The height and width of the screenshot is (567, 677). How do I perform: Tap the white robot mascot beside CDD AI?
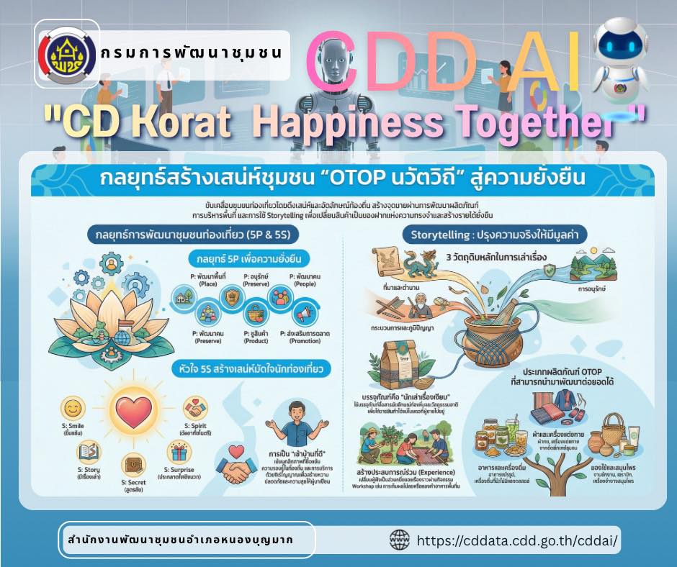(x=625, y=68)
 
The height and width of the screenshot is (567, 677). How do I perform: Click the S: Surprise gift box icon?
(x=180, y=453)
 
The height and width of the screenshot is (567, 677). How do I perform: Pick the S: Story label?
(x=87, y=472)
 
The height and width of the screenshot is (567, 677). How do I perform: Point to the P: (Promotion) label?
(x=305, y=337)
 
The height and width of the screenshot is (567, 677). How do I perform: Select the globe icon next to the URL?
(x=399, y=540)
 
